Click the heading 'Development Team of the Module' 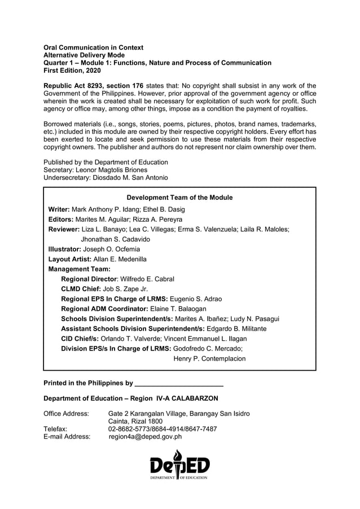pos(179,198)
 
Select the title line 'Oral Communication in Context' pos(94,48)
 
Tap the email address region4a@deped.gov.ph pos(145,436)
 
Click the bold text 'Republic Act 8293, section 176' pos(93,85)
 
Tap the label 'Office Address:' pos(66,414)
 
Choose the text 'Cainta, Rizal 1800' pos(135,422)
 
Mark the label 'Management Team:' pos(79,269)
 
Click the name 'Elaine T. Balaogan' pos(178,309)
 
